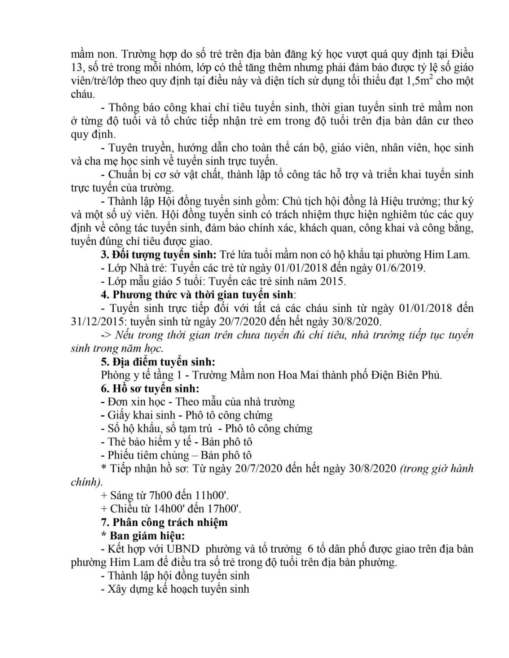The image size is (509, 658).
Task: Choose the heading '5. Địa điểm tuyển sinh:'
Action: coord(158,362)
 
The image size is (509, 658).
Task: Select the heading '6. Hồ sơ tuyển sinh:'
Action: coord(150,389)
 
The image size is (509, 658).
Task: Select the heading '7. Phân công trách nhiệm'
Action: coord(164,522)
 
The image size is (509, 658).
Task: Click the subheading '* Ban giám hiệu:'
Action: coord(143,536)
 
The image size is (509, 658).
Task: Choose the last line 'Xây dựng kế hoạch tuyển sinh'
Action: coord(178,589)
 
